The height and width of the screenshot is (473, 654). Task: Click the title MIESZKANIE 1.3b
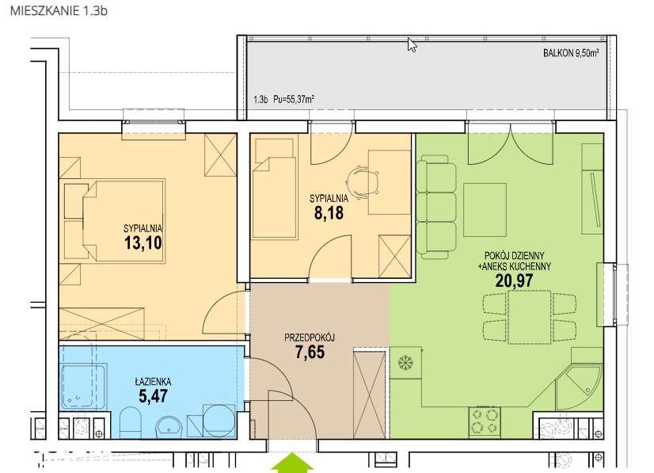[x=59, y=10]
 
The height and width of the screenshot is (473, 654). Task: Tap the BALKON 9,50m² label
[x=571, y=53]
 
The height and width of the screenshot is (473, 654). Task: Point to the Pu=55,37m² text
[x=294, y=99]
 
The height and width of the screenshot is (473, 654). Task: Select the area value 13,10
[x=143, y=242]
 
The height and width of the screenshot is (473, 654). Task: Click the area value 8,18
[x=329, y=213]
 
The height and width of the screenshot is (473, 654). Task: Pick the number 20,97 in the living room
[x=514, y=280]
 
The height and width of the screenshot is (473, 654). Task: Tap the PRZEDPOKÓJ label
[x=310, y=338]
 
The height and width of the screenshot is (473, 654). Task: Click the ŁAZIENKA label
[x=153, y=382]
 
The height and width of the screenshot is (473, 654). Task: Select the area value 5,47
[x=153, y=396]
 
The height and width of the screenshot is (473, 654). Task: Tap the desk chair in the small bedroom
[x=363, y=182]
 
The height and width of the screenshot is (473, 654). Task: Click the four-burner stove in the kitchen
[x=485, y=421]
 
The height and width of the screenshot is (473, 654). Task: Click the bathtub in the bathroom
[x=83, y=386]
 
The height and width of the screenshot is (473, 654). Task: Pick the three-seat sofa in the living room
[x=436, y=207]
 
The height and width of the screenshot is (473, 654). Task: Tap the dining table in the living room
[x=529, y=317]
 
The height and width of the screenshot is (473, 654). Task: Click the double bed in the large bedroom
[x=124, y=221]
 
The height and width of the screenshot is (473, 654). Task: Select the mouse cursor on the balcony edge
[x=412, y=44]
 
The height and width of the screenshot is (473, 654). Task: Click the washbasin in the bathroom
[x=169, y=427]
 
